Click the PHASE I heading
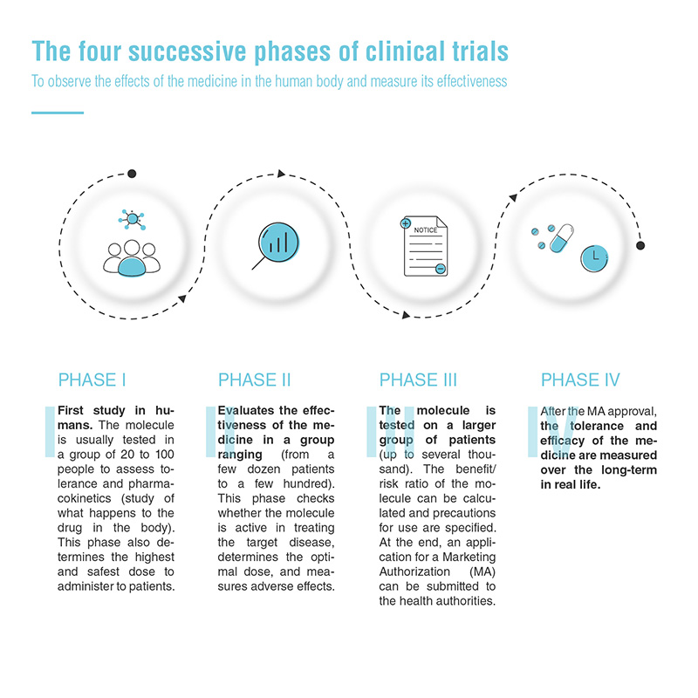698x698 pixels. click(x=92, y=380)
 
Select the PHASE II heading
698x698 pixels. click(x=254, y=380)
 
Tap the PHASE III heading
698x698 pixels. click(x=418, y=380)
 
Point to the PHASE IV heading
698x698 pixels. click(x=580, y=380)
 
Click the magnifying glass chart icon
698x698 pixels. click(x=276, y=246)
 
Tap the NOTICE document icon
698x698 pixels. click(x=424, y=246)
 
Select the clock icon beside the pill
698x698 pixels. click(x=594, y=258)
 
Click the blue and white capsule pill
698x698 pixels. click(x=561, y=238)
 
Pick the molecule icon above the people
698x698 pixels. click(x=133, y=219)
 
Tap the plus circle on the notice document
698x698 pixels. click(x=406, y=223)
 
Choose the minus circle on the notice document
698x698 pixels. click(x=441, y=269)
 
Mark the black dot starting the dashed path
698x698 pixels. click(x=132, y=174)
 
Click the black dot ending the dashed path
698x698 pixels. click(x=640, y=245)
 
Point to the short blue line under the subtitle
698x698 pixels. click(x=58, y=113)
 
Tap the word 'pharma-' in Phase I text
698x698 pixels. click(x=151, y=484)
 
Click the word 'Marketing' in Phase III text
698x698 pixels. click(x=469, y=558)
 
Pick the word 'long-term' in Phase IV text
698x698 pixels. click(x=629, y=470)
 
